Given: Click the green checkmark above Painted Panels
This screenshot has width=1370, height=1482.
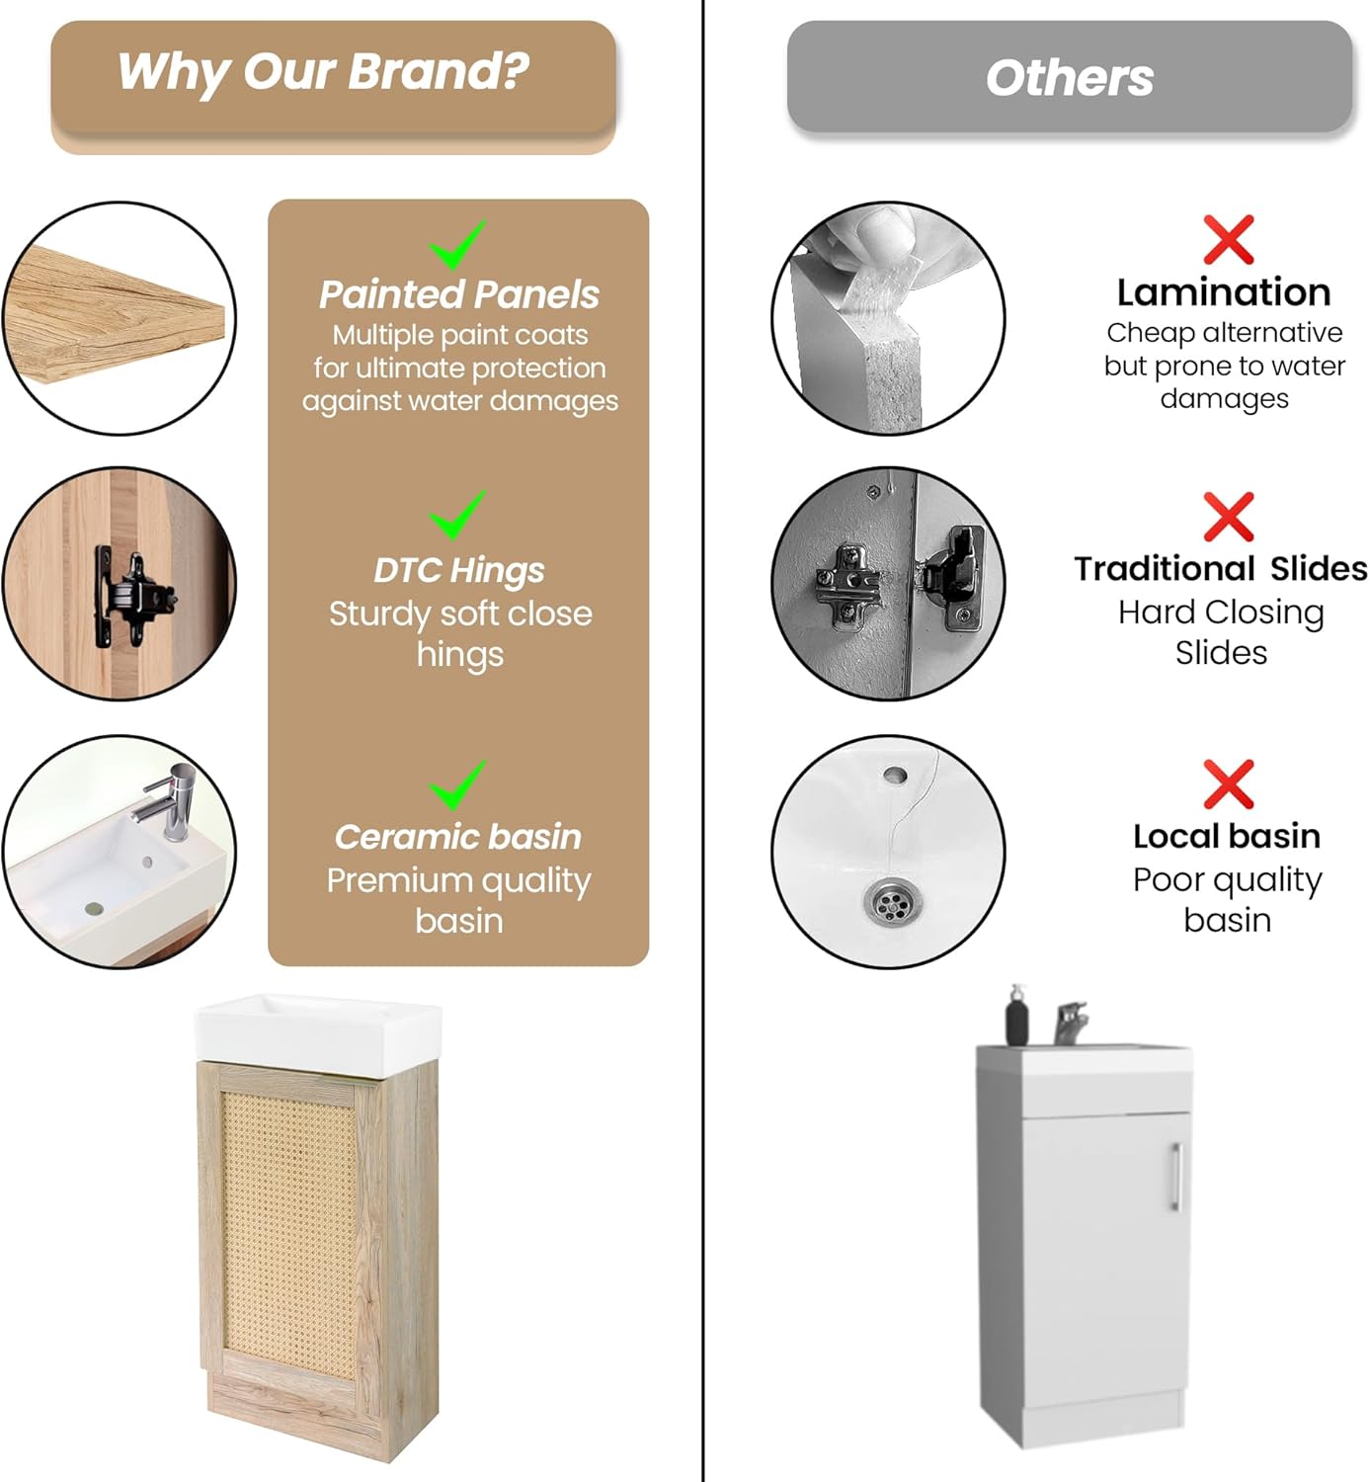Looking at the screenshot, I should (457, 245).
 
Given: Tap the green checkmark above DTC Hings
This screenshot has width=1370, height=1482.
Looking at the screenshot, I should (457, 515).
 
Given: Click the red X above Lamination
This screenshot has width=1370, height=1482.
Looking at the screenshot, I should (1228, 240).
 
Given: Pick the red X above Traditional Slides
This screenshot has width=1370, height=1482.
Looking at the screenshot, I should (1228, 517).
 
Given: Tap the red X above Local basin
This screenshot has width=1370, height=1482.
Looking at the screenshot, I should (1228, 784).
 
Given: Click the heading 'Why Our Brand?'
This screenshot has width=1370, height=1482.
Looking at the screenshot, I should (323, 72).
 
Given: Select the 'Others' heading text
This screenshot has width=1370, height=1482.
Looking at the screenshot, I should (1069, 78).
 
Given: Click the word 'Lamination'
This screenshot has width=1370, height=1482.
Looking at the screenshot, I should (1224, 292).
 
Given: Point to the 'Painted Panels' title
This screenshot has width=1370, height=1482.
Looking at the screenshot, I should (458, 294).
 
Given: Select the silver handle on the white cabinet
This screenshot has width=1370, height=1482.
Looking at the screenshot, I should (1175, 1177).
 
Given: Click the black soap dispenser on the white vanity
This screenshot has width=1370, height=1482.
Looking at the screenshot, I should (1016, 1017).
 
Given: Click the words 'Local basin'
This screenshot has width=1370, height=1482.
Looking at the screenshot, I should (1226, 836).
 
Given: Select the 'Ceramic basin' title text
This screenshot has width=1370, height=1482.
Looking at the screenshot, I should (457, 837).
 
